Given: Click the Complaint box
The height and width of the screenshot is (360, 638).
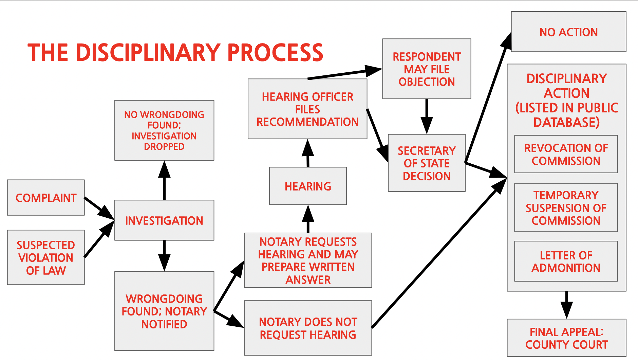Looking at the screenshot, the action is (x=46, y=198).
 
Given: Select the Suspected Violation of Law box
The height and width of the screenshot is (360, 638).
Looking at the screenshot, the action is (x=46, y=257).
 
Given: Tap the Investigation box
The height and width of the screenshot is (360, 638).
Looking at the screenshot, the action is (x=164, y=220).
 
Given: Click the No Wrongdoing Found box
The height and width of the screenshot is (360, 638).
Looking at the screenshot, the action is (x=164, y=130).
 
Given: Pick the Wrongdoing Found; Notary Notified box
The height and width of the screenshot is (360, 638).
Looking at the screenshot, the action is (x=164, y=311).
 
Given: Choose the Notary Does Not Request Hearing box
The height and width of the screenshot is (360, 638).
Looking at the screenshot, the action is (x=308, y=328).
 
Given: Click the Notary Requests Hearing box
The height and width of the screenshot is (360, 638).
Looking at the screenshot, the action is (x=308, y=260).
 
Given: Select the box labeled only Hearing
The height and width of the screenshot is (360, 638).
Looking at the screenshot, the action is (x=308, y=186).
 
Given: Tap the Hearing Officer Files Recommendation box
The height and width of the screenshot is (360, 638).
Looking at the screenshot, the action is (x=307, y=109).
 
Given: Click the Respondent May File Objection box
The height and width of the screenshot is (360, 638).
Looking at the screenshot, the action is (x=427, y=69).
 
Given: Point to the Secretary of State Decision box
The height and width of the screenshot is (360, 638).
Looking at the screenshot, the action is (x=427, y=163).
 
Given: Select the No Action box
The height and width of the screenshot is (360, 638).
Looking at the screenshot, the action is (x=568, y=32).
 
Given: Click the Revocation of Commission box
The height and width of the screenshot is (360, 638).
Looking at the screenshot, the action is (x=566, y=154).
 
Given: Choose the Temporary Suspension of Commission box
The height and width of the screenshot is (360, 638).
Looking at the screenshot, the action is (x=566, y=208).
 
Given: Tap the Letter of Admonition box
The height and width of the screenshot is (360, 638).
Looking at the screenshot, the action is (x=566, y=261).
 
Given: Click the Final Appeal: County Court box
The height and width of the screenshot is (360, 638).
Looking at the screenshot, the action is (x=566, y=338).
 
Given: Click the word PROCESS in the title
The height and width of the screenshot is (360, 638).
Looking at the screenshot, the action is (x=275, y=53).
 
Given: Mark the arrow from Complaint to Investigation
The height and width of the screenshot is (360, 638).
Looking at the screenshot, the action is (x=99, y=208).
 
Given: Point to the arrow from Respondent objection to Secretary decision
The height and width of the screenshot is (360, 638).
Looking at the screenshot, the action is (x=427, y=116).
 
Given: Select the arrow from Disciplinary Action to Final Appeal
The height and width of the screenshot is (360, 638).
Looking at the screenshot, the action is (x=566, y=305).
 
